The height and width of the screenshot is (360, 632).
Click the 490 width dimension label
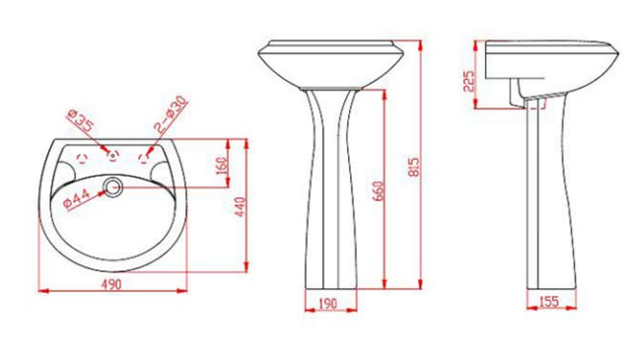110,284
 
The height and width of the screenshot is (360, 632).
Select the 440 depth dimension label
241,207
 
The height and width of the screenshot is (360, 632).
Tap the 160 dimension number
222,166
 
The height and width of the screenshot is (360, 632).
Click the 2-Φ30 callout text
172,114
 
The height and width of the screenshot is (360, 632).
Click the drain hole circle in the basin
113,187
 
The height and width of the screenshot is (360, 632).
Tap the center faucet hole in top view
113,155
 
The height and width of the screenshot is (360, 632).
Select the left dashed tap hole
82,159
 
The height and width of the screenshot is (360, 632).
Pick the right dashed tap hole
144,159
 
